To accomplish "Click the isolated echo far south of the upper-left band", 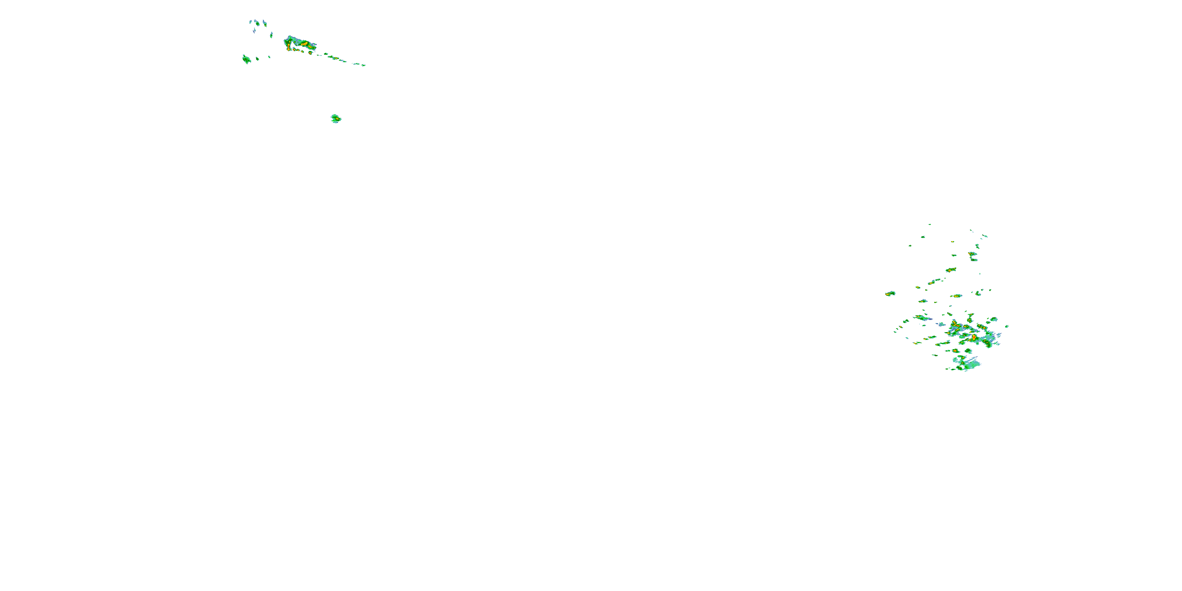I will click(336, 119).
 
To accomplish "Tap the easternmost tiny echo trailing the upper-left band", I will click(363, 65).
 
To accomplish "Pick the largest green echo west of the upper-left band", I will click(246, 59).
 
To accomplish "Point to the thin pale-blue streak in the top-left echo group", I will click(254, 31).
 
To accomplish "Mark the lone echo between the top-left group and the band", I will click(271, 35).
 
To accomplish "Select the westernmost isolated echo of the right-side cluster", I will click(890, 293).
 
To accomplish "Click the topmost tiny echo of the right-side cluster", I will click(929, 224).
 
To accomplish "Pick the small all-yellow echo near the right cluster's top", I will click(953, 242).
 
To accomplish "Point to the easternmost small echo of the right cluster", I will click(1007, 327).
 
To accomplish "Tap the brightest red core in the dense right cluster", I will click(974, 337).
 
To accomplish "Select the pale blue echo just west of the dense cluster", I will click(942, 324).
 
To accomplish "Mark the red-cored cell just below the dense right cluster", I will click(955, 351).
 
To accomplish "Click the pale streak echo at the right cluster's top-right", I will click(985, 236).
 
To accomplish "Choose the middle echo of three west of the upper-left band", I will click(257, 58).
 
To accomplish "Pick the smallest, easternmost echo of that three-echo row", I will click(269, 57).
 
